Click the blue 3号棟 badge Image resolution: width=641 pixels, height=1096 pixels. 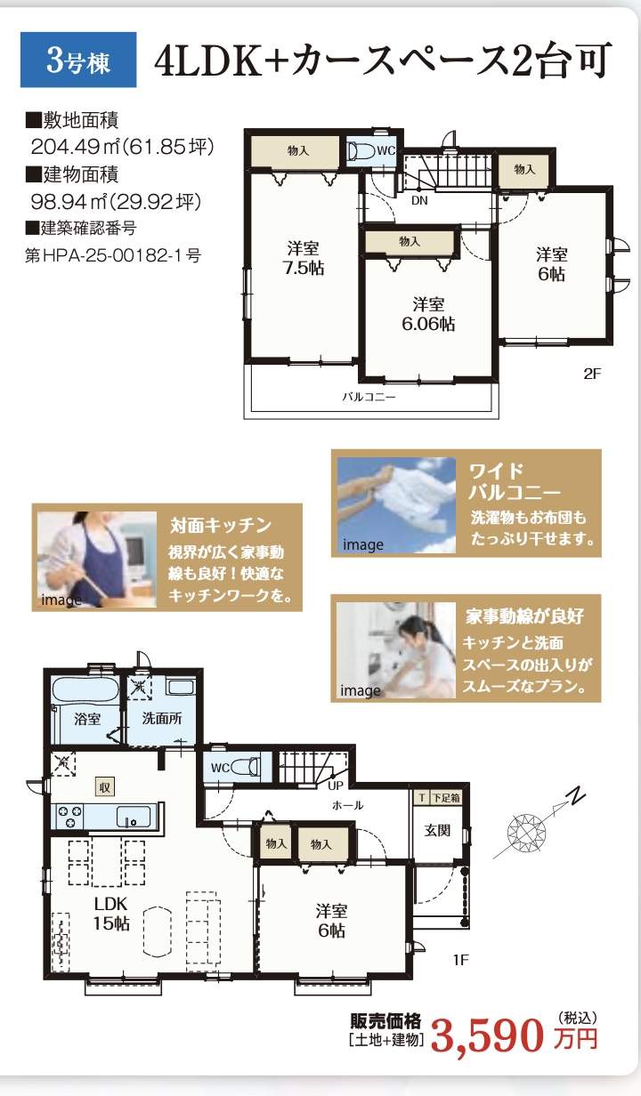[x=78, y=60]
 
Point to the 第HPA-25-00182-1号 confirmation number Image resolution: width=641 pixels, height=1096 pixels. [x=113, y=255]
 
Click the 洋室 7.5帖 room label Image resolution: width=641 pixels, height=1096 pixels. [x=304, y=258]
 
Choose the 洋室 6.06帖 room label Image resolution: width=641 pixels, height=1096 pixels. [x=428, y=314]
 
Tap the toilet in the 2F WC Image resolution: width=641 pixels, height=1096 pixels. [x=361, y=151]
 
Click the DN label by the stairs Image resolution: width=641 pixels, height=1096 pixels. [x=419, y=200]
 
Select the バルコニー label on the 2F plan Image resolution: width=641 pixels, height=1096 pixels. [x=369, y=397]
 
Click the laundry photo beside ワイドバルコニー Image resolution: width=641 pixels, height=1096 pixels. [x=397, y=505]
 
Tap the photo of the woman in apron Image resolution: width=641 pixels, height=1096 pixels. [x=97, y=560]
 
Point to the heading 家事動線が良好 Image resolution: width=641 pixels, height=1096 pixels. [x=524, y=616]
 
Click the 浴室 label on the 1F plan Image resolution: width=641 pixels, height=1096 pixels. [x=87, y=719]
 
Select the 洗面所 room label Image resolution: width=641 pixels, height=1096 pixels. [x=162, y=718]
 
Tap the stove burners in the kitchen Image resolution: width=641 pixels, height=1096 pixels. [x=70, y=816]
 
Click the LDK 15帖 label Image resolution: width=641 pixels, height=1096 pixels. [x=111, y=914]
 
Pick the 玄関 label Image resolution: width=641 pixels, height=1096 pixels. [x=437, y=830]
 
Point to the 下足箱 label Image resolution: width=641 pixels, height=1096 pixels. [x=446, y=797]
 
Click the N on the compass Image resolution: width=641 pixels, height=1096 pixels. [x=578, y=795]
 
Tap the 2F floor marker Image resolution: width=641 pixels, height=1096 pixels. [x=592, y=374]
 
